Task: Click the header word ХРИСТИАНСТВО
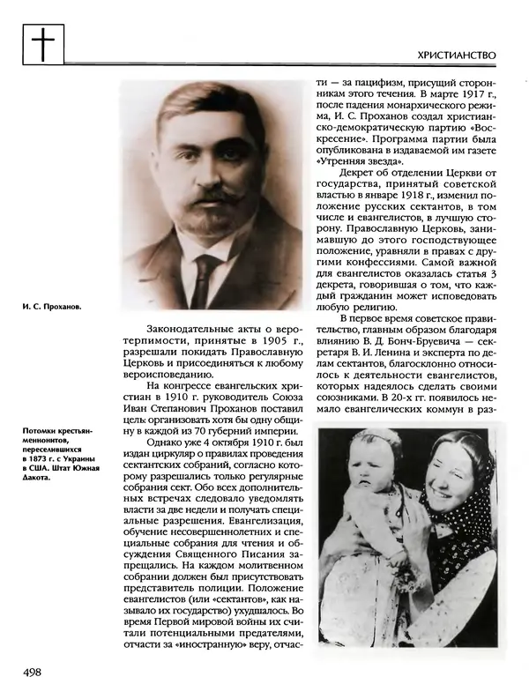point(457,55)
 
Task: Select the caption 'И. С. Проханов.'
point(52,309)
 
